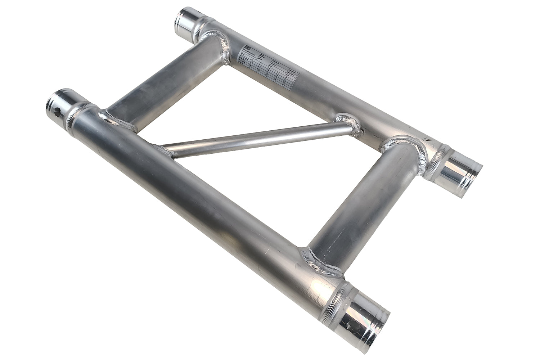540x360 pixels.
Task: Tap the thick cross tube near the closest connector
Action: [360, 202]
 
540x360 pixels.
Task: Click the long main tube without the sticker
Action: [202, 202]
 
